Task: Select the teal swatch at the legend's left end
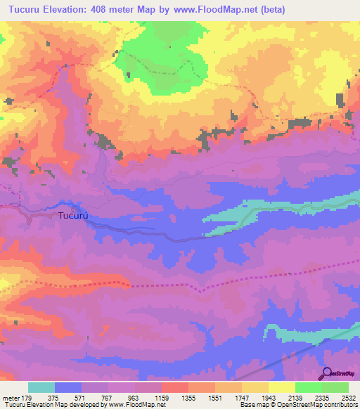[x=41, y=387]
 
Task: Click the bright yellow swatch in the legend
[x=282, y=387]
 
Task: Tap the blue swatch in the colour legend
[x=68, y=387]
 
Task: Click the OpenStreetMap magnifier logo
[x=327, y=374]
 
